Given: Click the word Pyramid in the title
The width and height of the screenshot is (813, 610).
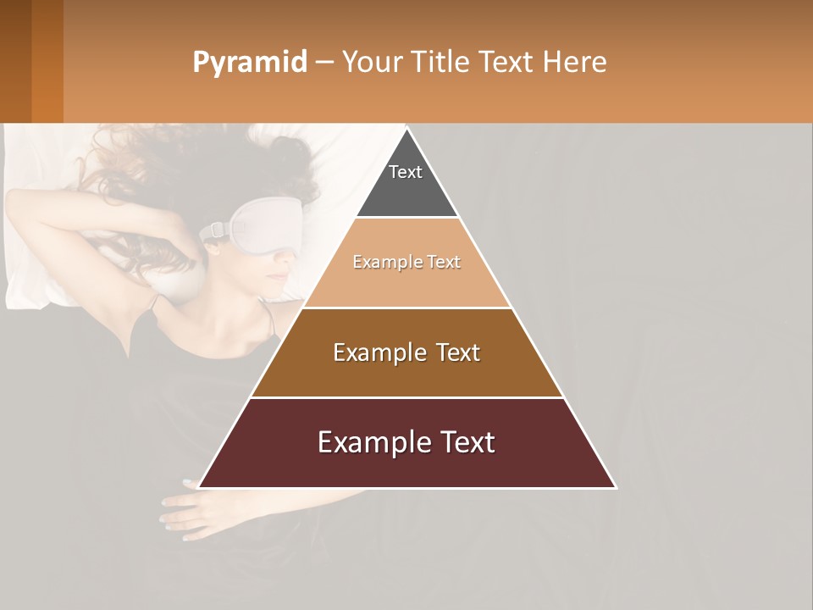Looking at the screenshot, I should [x=249, y=63].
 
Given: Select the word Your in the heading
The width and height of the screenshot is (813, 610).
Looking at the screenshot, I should [x=373, y=63].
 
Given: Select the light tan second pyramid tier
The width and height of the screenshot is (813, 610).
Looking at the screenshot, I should [x=406, y=284].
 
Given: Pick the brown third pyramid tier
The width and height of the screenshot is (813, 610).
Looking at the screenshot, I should [x=406, y=373].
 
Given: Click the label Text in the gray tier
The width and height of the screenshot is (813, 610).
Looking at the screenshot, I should [x=406, y=172].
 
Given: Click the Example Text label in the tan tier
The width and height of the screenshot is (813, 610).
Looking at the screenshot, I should [x=406, y=262].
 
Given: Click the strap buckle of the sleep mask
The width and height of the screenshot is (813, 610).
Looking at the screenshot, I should [x=217, y=230].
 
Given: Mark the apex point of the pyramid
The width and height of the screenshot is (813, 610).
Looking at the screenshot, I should [x=406, y=129].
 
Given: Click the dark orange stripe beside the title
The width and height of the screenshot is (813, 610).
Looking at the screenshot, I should [x=47, y=61].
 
